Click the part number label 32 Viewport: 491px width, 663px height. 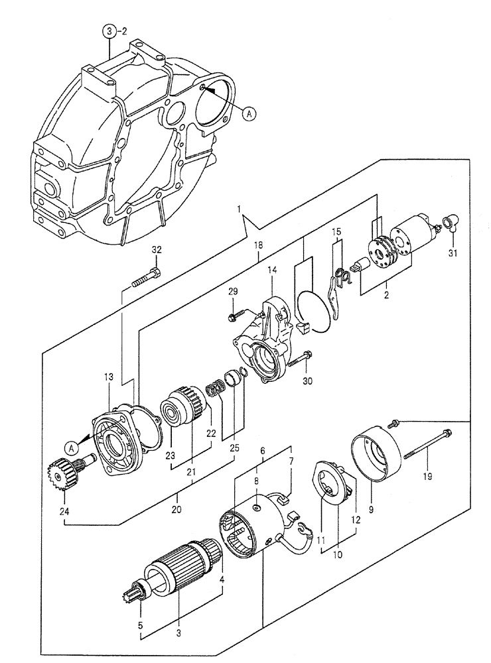(155, 250)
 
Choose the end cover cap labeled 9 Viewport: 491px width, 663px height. (377, 458)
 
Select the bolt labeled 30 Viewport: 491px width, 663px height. (303, 359)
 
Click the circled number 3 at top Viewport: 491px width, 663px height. (109, 31)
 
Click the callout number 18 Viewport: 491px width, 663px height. (259, 245)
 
